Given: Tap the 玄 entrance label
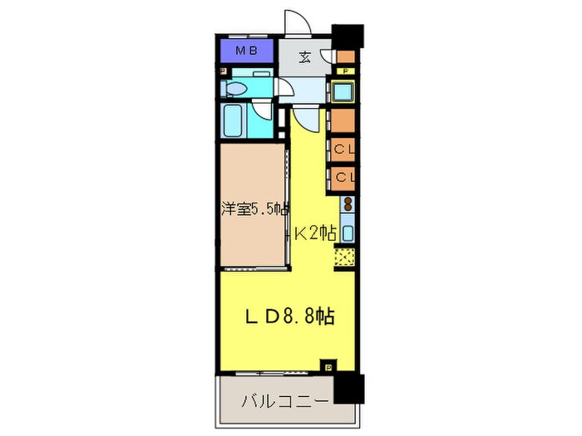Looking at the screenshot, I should click(x=304, y=57).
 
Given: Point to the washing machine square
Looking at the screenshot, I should click(x=343, y=91).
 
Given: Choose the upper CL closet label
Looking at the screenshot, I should click(x=344, y=151).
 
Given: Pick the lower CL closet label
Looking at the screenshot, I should click(x=344, y=177).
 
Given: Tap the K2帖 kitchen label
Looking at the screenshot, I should click(x=313, y=234).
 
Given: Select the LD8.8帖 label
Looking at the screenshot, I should click(x=288, y=316).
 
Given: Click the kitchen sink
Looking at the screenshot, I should click(x=348, y=233).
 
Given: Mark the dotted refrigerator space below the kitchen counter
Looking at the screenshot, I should click(x=345, y=257).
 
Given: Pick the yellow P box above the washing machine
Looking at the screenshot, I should click(x=343, y=72).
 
